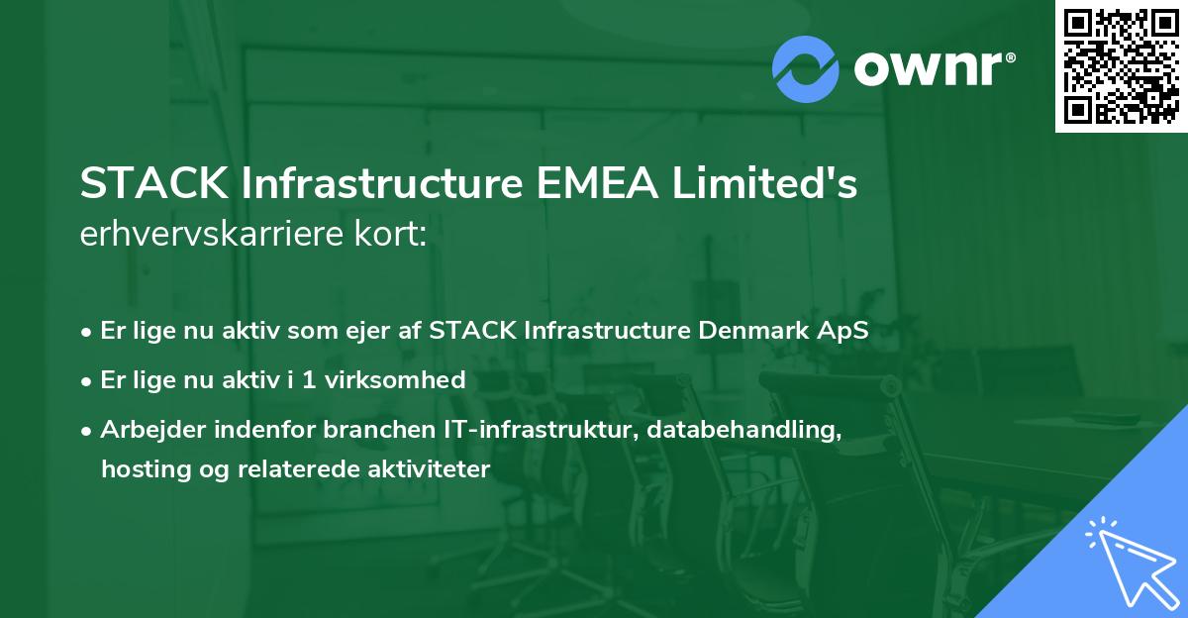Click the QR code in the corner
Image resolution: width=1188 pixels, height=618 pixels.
click(x=1122, y=66)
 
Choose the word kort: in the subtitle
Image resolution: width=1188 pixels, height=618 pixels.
click(x=392, y=234)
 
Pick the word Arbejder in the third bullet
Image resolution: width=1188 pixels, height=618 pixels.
click(x=148, y=429)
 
